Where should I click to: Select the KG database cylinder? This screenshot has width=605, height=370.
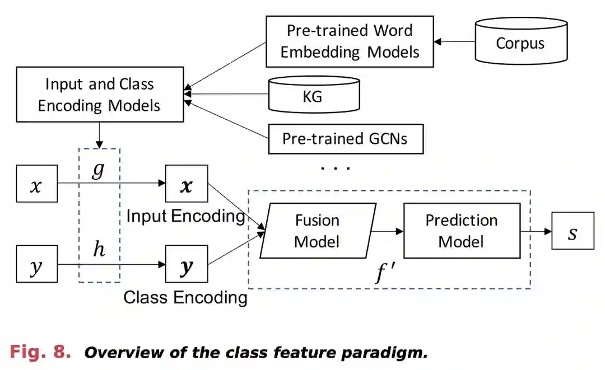pos(314,96)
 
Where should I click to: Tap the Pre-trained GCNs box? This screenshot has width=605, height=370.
pos(346,138)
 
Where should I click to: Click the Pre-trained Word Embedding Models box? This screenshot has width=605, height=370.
pos(350,41)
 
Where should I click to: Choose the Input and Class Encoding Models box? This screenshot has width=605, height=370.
pos(100,94)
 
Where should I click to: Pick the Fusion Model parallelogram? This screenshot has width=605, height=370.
pos(317,231)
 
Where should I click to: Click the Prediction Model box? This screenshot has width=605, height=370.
pos(461,231)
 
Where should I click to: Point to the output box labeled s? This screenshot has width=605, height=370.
pos(573,231)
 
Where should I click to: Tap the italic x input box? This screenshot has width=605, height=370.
pos(36,184)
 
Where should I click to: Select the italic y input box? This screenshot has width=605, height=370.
pos(36,264)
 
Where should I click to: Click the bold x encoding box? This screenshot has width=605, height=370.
pos(187,184)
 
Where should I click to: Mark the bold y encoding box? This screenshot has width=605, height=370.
pos(187,264)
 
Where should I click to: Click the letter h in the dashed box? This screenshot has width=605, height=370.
pos(99,250)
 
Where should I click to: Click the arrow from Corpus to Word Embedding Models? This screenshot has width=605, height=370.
pos(454,42)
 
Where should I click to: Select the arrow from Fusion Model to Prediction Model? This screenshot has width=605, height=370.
pos(387,231)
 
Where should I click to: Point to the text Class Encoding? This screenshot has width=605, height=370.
pos(185,297)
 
